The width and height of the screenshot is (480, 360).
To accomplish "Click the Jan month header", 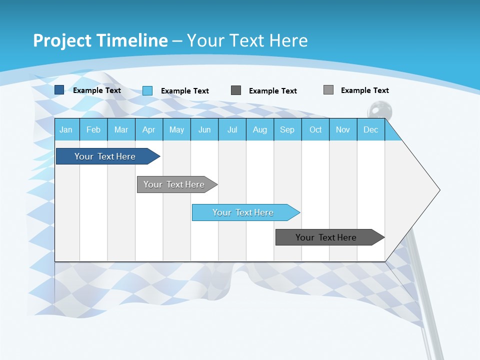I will click(66, 129).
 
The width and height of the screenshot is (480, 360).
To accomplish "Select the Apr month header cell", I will click(148, 129).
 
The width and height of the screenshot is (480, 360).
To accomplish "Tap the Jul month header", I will click(232, 129).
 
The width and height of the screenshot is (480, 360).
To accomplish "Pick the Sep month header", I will click(287, 129).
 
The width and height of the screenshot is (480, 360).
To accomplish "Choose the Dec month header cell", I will click(370, 129).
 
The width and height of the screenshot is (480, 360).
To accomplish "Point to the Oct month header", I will click(315, 129).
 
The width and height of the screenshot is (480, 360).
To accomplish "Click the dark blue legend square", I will click(59, 90).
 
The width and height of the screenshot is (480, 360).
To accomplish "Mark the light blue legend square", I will click(147, 90).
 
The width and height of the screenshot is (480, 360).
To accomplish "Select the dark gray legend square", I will click(236, 90).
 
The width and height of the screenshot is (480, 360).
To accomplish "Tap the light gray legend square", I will click(328, 90).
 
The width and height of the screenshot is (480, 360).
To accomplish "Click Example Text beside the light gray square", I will click(364, 90).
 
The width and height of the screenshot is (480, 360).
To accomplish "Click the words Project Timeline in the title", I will click(100, 40).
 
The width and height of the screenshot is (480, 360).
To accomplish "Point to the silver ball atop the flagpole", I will click(376, 109).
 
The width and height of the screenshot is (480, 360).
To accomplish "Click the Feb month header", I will click(93, 129).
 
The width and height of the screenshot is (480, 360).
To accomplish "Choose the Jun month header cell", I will click(204, 129).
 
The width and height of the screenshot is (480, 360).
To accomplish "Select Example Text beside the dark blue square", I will click(96, 90).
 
